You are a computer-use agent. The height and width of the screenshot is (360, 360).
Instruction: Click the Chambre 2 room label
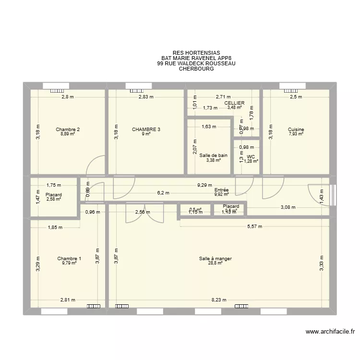click(x=68, y=129)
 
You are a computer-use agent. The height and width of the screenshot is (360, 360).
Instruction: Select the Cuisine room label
click(x=296, y=129)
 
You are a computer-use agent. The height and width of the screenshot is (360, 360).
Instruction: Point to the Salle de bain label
click(x=214, y=155)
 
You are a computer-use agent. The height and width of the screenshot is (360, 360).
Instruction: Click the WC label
click(x=251, y=156)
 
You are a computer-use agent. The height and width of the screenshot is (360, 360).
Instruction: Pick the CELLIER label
click(x=234, y=103)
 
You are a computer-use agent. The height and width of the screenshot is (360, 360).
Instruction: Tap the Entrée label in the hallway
click(x=221, y=190)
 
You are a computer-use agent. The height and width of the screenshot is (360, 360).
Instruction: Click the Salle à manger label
click(x=216, y=259)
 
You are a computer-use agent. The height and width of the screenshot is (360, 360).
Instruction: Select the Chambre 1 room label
click(x=69, y=259)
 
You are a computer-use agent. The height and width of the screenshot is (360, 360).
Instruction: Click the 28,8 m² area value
click(x=216, y=264)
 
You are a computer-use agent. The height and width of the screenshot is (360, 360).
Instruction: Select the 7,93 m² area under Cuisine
click(x=296, y=134)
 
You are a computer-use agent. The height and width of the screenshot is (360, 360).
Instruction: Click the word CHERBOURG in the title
click(x=196, y=69)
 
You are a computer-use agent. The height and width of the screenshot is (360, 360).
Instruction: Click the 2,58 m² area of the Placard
click(x=54, y=199)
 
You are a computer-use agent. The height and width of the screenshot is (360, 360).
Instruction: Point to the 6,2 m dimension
click(x=163, y=193)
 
